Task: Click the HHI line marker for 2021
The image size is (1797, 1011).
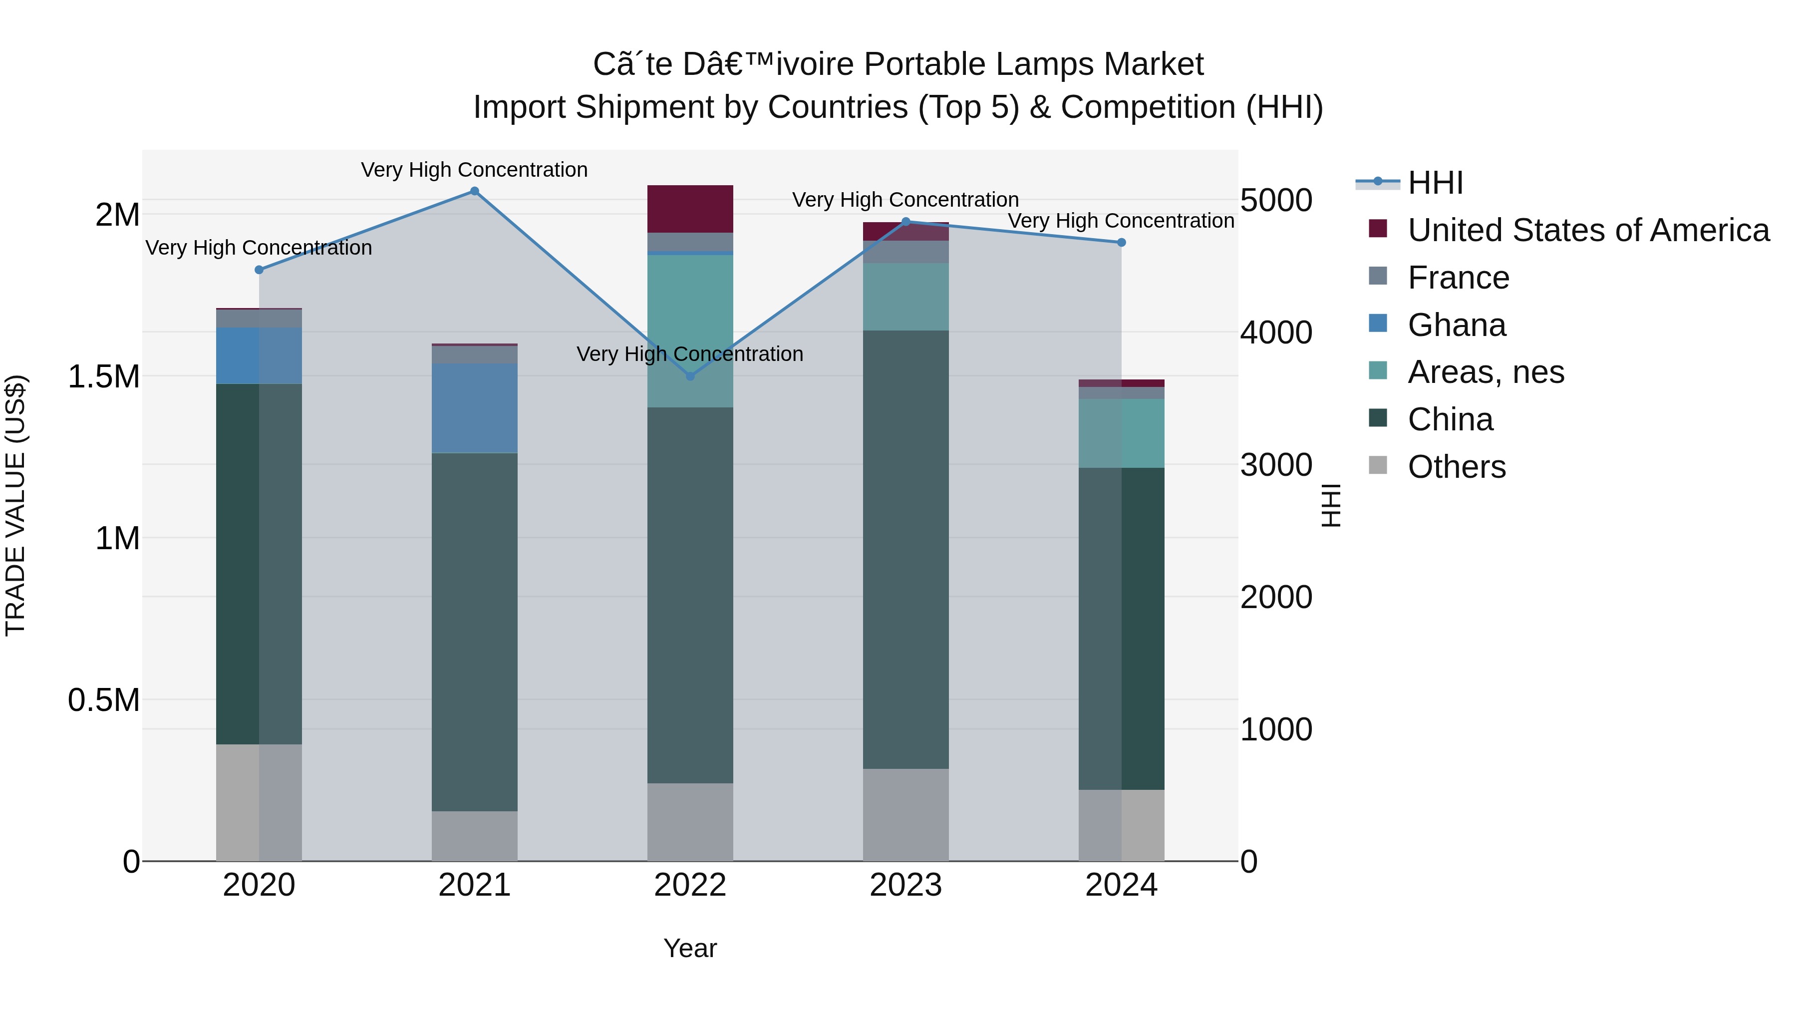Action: click(x=474, y=191)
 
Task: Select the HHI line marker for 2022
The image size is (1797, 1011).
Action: click(x=690, y=376)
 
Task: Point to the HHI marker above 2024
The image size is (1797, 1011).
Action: click(x=1121, y=243)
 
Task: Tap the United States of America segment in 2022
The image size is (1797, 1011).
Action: click(x=690, y=209)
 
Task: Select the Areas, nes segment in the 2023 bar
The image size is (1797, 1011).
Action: click(x=905, y=297)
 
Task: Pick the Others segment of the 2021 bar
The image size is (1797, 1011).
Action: click(x=474, y=835)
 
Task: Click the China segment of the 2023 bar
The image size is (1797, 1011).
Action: click(x=905, y=549)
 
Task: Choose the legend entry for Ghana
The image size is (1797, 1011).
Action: click(x=1456, y=325)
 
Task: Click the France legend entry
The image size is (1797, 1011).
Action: click(x=1458, y=278)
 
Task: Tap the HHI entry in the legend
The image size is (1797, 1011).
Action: click(x=1435, y=183)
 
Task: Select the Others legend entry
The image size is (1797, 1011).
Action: click(x=1456, y=467)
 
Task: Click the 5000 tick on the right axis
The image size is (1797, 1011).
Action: click(x=1276, y=200)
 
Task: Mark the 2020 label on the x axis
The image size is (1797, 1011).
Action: click(x=259, y=885)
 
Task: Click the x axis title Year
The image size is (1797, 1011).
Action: click(x=690, y=948)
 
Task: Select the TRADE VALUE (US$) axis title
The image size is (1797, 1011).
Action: click(x=16, y=505)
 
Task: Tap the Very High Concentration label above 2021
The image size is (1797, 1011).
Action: click(x=474, y=170)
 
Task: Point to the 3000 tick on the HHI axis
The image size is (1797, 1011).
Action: click(x=1276, y=465)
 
